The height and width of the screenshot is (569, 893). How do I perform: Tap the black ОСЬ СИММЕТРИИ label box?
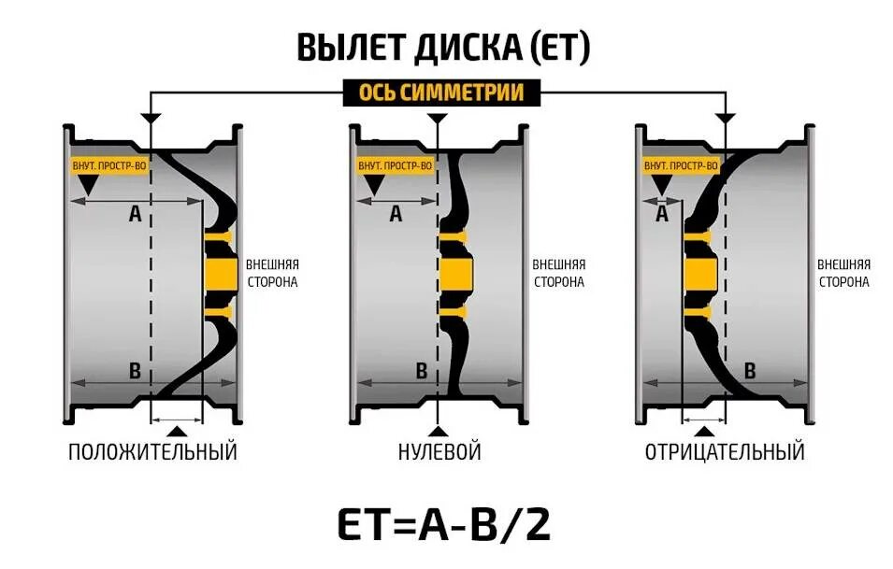(441, 93)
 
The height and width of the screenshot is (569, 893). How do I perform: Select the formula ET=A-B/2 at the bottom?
(445, 525)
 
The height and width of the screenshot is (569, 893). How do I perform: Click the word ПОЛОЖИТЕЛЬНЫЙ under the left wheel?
(152, 453)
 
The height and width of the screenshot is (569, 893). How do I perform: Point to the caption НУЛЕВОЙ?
(439, 453)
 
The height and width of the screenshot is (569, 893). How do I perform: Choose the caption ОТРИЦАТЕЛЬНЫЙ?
(725, 453)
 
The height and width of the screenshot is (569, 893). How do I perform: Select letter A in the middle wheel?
(396, 215)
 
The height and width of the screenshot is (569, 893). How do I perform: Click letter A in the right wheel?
(663, 215)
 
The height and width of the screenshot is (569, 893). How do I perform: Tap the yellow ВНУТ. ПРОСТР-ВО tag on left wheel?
(108, 166)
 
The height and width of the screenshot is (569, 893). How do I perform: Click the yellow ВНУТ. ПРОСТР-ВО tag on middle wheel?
(396, 166)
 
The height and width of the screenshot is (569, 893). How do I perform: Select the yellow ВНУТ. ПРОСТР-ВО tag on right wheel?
(682, 166)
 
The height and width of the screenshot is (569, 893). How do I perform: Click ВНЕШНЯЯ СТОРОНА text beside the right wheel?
(843, 272)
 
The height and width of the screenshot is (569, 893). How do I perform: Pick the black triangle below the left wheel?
(177, 431)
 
